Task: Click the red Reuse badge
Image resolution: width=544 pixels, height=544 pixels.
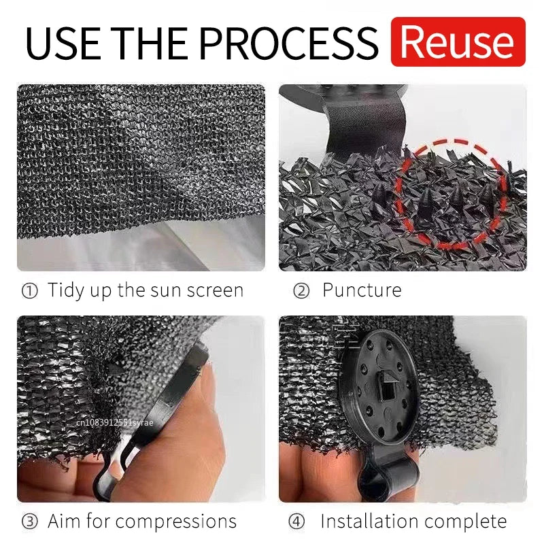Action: click(x=458, y=42)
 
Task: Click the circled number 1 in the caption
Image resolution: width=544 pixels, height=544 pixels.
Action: click(x=30, y=291)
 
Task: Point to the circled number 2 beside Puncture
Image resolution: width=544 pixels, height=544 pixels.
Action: click(x=301, y=291)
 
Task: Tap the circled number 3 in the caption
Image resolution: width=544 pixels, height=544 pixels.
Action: click(x=30, y=522)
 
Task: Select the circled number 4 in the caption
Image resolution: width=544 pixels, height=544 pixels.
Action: click(x=296, y=522)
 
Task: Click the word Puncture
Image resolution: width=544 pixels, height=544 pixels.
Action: click(x=361, y=291)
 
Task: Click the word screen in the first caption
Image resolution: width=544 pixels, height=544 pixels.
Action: click(x=210, y=291)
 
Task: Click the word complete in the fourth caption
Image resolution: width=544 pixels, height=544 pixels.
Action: click(x=469, y=522)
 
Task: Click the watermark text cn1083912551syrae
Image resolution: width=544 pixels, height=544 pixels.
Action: click(x=116, y=422)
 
